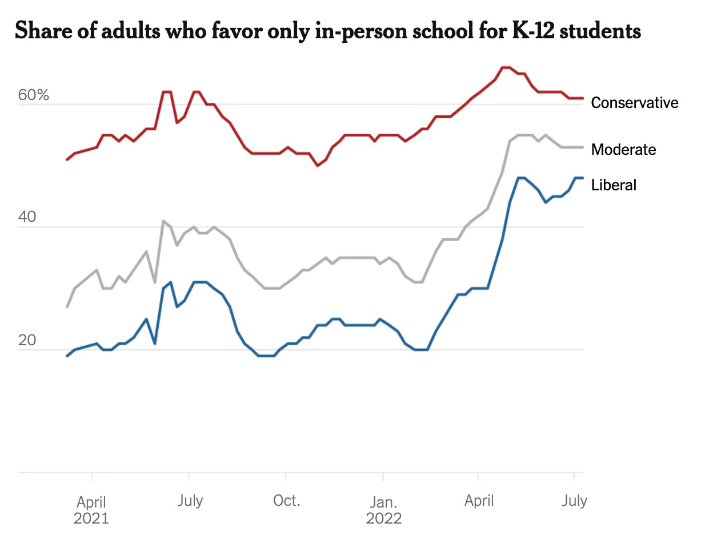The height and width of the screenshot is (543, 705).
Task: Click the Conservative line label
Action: pos(634,103)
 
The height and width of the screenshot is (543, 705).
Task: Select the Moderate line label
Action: pos(623,150)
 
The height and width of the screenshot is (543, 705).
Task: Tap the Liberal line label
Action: pos(614,185)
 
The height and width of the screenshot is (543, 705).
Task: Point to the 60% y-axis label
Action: pos(34,95)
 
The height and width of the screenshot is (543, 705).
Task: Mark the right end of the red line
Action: pos(582,98)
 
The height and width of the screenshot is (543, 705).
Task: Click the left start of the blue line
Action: pos(67,356)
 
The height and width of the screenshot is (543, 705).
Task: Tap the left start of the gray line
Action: pos(67,307)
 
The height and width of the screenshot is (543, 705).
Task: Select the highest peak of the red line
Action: pos(506,67)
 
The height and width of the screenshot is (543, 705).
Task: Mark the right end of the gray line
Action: pos(582,147)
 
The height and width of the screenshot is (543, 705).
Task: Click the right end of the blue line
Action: pos(582,178)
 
